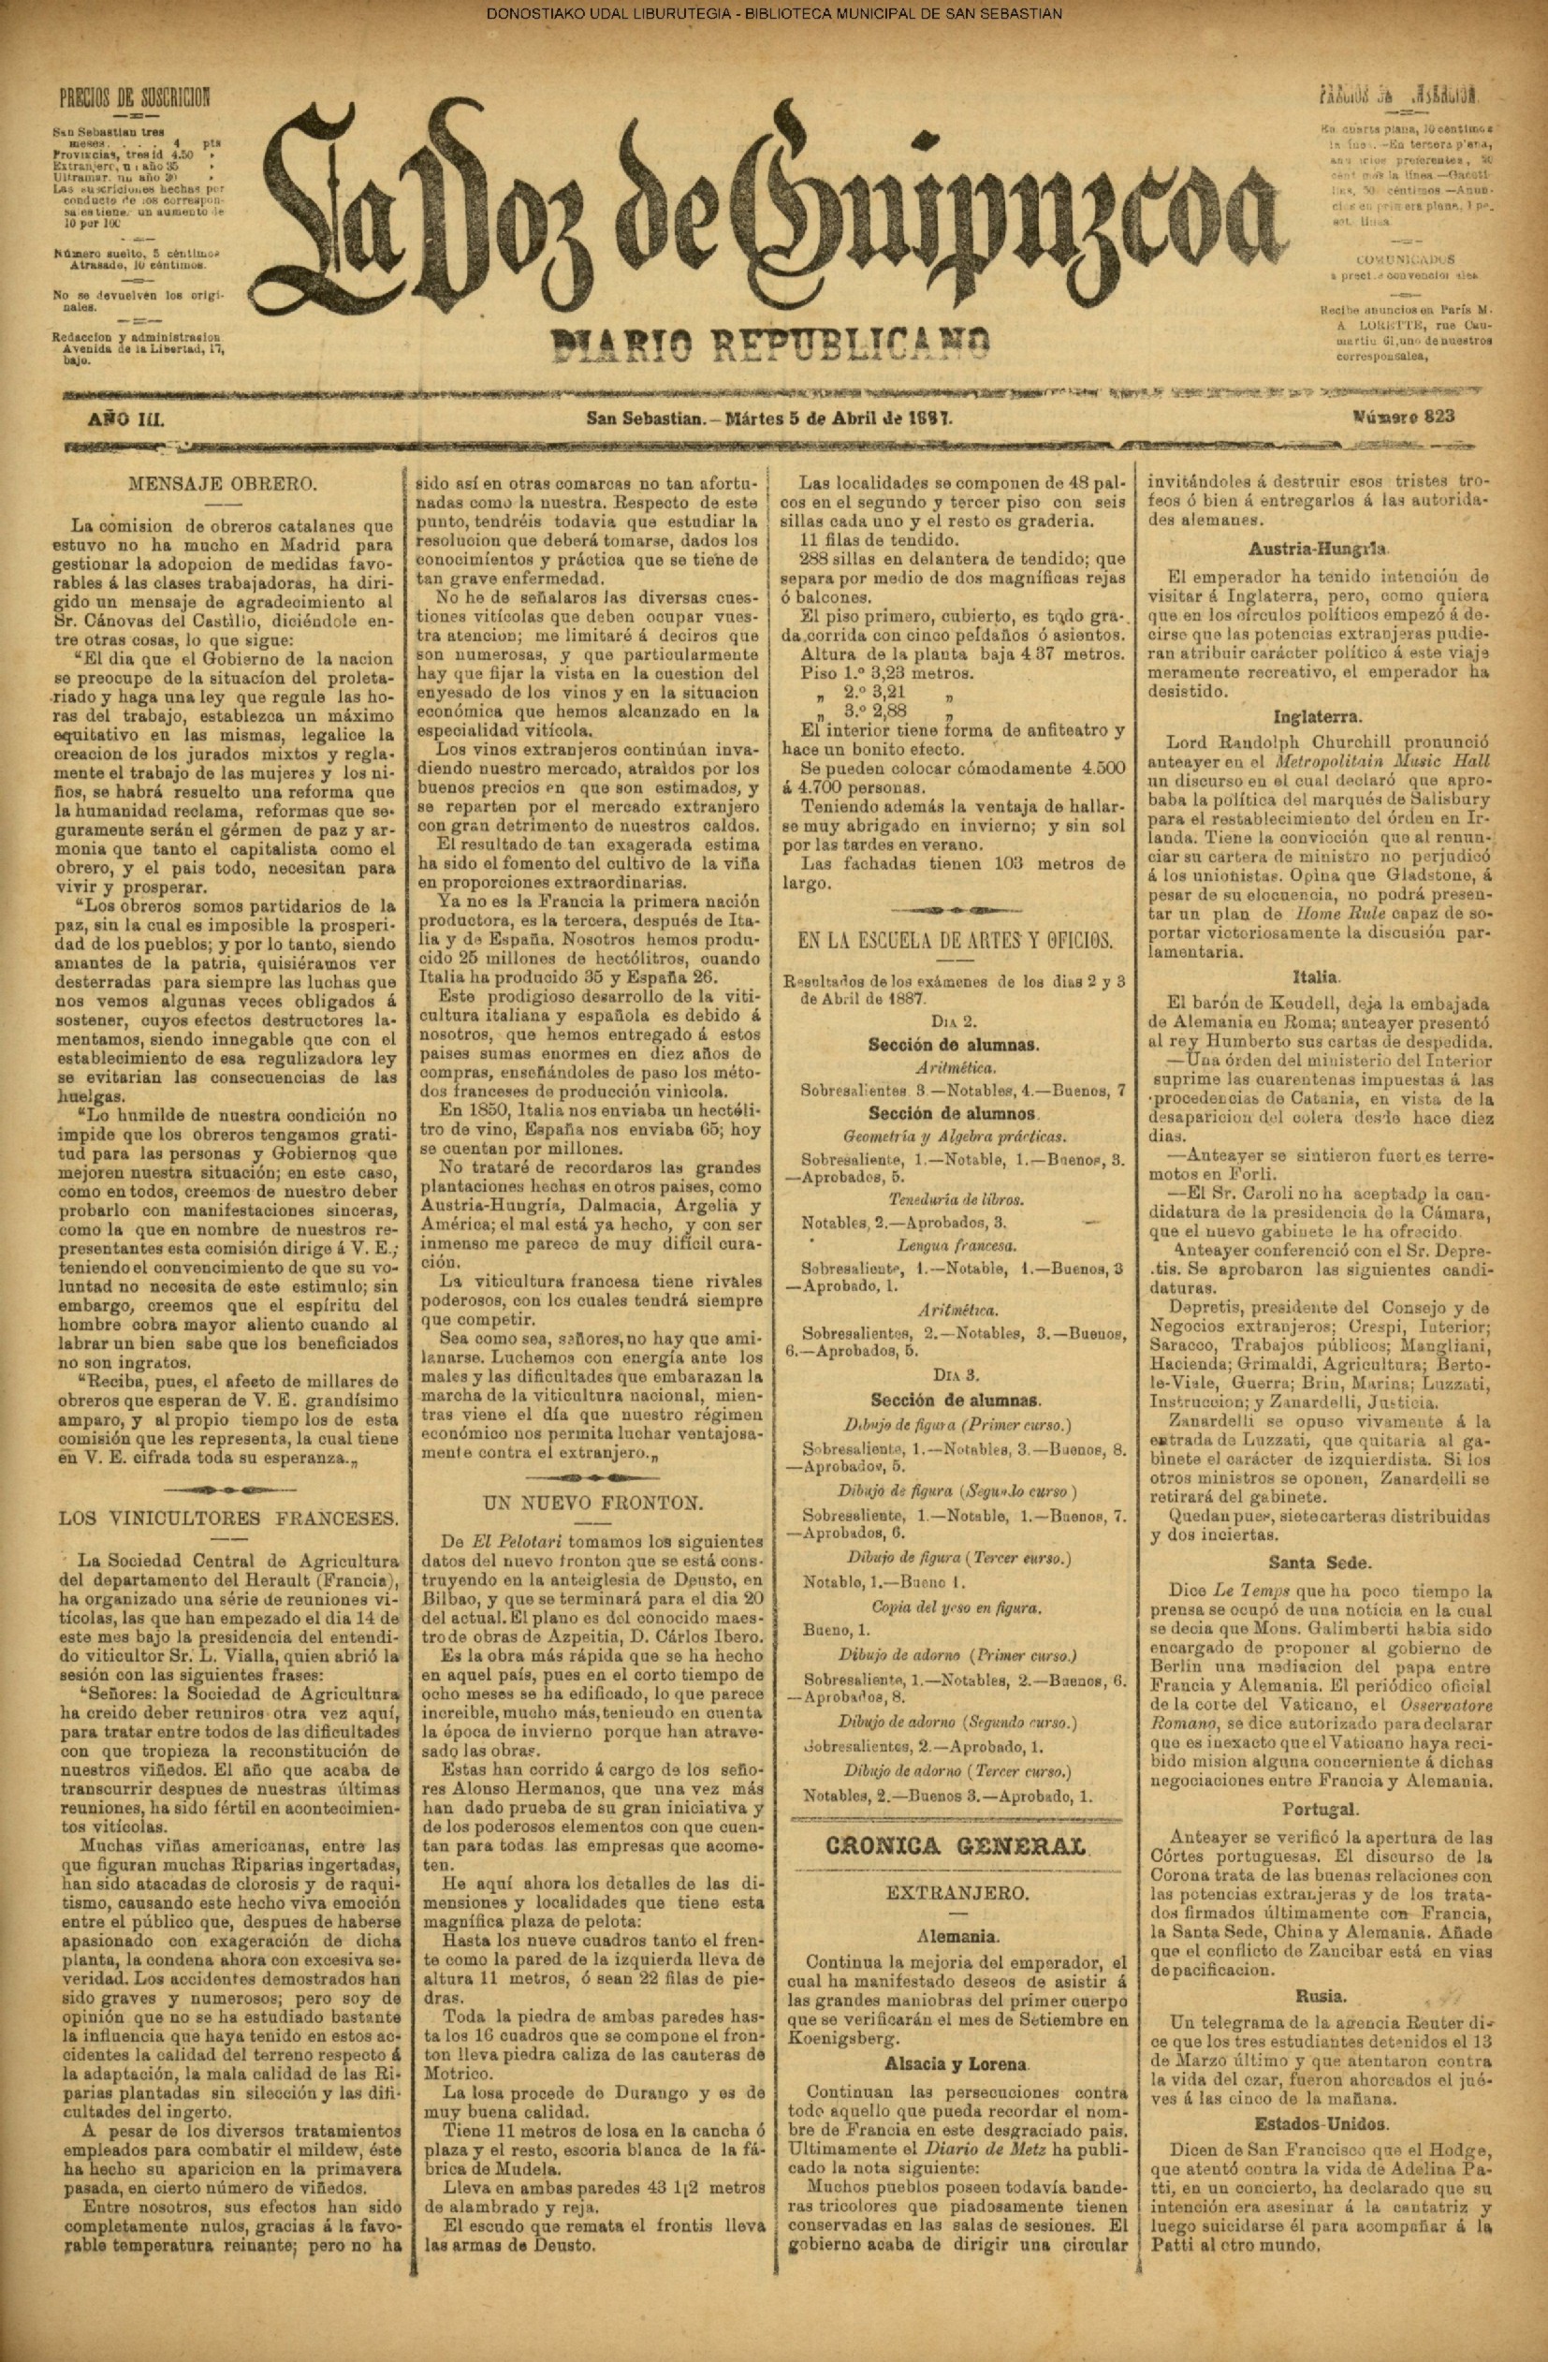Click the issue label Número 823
1402,417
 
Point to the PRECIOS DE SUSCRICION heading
135,98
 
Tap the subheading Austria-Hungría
1332,548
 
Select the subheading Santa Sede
1332,1562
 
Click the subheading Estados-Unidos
1332,2116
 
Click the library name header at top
774,14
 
